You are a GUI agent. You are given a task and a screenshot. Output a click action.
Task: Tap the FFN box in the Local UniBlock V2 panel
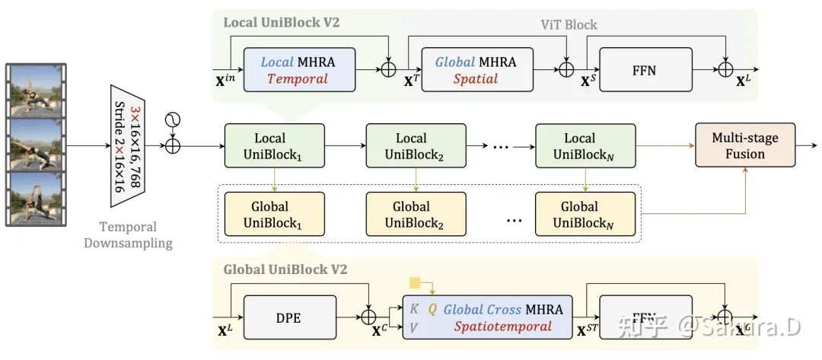[645, 70]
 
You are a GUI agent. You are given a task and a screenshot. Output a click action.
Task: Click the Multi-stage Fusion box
[744, 145]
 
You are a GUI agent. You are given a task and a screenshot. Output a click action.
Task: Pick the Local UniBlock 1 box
[274, 146]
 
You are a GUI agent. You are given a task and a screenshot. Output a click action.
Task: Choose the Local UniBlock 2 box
[416, 146]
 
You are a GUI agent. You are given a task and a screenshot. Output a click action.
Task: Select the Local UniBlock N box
[585, 146]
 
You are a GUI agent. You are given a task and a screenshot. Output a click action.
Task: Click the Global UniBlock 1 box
[274, 214]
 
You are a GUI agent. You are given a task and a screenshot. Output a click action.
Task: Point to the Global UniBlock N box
[585, 214]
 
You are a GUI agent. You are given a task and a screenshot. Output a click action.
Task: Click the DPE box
[288, 317]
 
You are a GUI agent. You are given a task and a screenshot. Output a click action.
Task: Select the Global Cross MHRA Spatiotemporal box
[487, 317]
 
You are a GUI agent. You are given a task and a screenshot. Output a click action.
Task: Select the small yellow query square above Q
[414, 283]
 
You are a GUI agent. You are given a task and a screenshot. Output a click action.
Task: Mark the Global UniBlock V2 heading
[285, 269]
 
